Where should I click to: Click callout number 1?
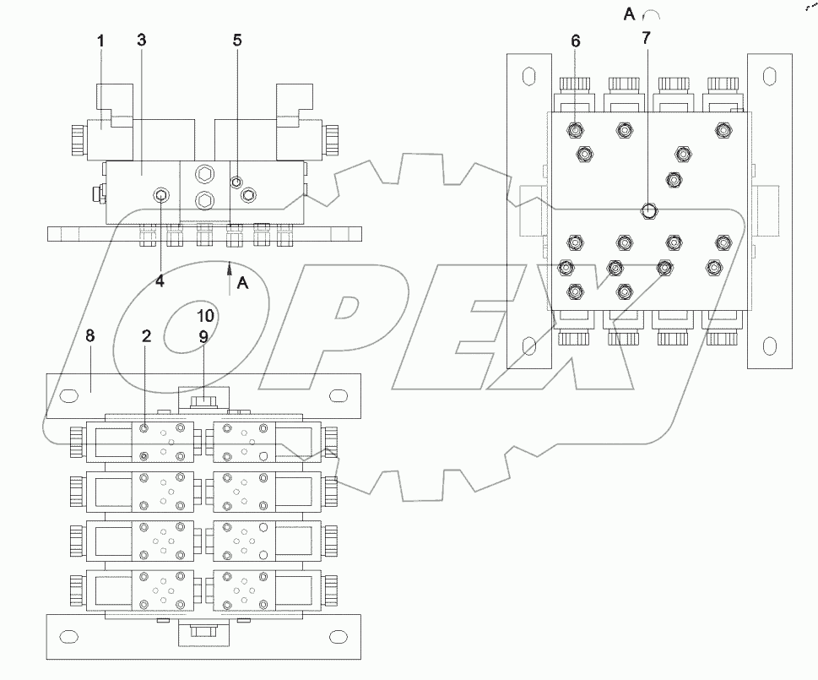click(x=100, y=41)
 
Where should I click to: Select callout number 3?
click(x=141, y=41)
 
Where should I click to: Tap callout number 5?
click(x=237, y=41)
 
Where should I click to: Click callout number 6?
click(x=576, y=41)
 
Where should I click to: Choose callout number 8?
click(x=90, y=335)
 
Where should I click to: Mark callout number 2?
click(x=146, y=335)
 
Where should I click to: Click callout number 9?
click(x=203, y=335)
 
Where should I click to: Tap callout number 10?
click(x=206, y=317)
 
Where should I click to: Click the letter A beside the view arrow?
click(x=243, y=284)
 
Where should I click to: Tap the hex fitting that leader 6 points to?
click(x=576, y=130)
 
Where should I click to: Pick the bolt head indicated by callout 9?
click(x=203, y=398)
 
